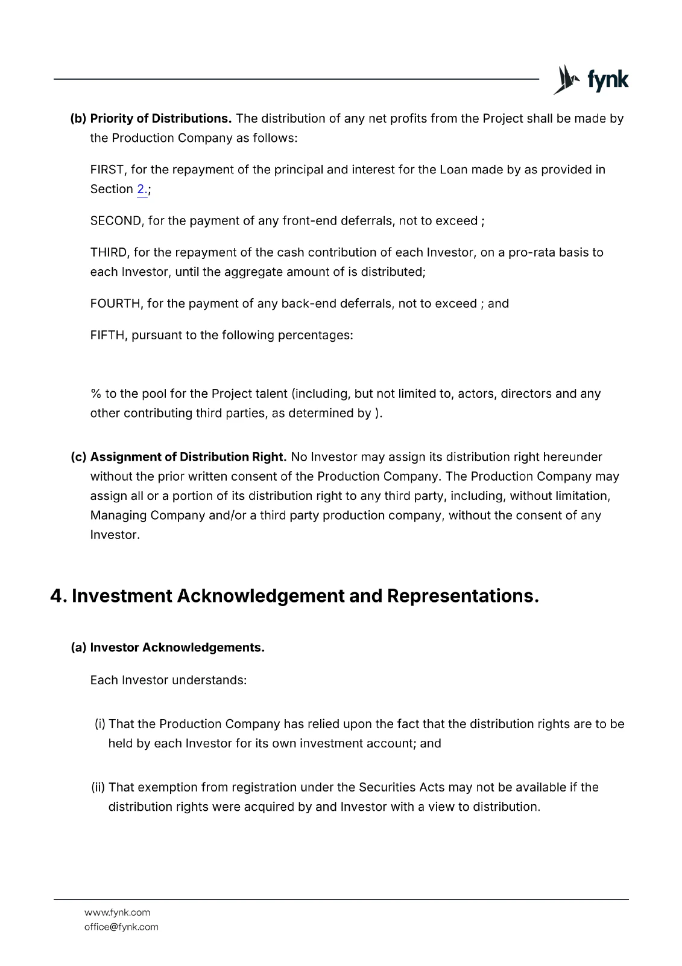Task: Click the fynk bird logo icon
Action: click(565, 80)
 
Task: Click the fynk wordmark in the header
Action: click(607, 80)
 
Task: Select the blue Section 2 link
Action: click(142, 189)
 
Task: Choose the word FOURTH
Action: click(115, 304)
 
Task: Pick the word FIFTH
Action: click(108, 335)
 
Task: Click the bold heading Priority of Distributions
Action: click(161, 118)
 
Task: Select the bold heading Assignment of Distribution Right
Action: click(188, 457)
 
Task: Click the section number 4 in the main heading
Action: click(57, 596)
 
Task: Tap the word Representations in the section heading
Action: click(462, 596)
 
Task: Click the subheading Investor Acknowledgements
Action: click(177, 648)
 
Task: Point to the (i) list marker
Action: click(100, 724)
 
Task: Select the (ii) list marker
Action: click(98, 787)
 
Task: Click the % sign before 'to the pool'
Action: click(95, 394)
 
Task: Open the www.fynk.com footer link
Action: click(118, 912)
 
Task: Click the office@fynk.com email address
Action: click(121, 927)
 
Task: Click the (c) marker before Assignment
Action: click(78, 457)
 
